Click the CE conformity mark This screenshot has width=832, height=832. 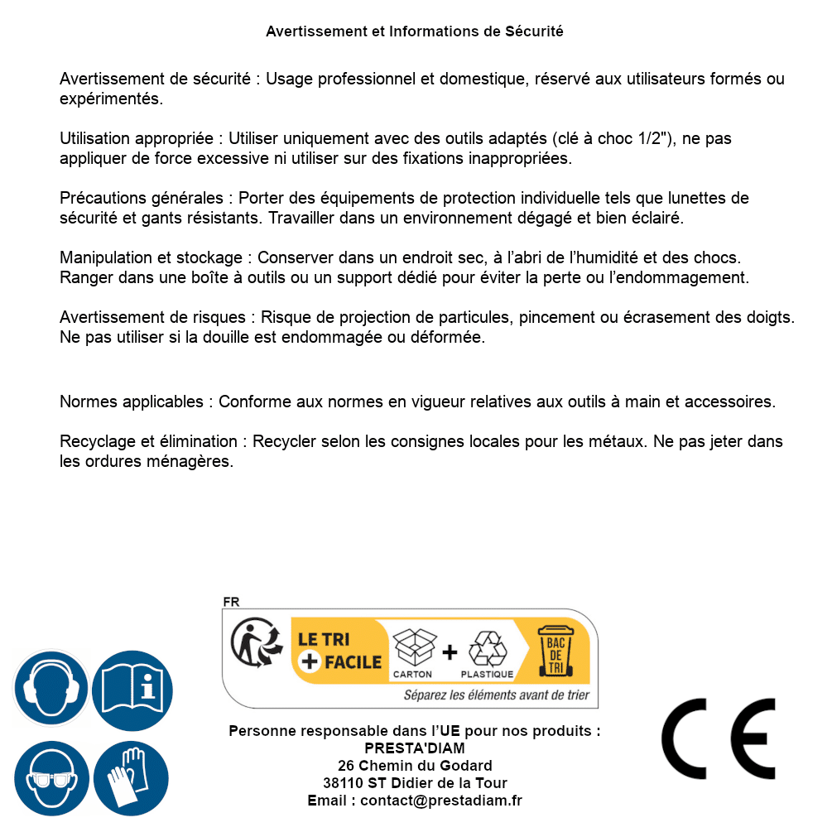(x=718, y=738)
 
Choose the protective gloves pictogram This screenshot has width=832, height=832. (x=132, y=779)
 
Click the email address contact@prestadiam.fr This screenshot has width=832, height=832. (x=441, y=801)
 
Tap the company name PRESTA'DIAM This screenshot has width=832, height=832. (x=415, y=748)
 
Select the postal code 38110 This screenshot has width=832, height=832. (x=341, y=783)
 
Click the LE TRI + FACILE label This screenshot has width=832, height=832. (x=339, y=651)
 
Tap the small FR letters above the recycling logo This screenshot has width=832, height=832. (x=231, y=602)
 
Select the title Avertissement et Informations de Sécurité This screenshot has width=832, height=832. (x=415, y=31)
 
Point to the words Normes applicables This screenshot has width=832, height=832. (x=131, y=402)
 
